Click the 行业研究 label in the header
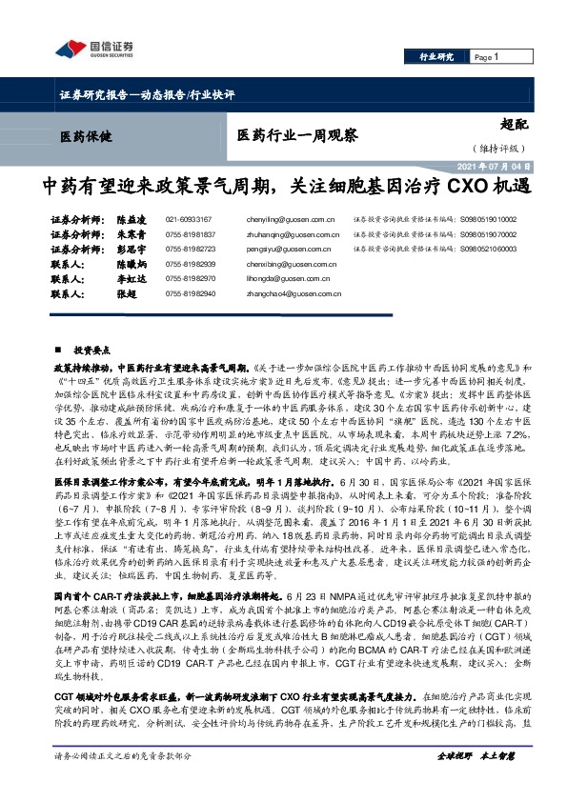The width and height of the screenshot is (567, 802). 438,57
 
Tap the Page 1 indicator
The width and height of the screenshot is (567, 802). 487,57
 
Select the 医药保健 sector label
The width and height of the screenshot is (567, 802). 86,136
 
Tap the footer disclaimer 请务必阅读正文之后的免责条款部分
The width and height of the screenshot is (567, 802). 123,782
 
